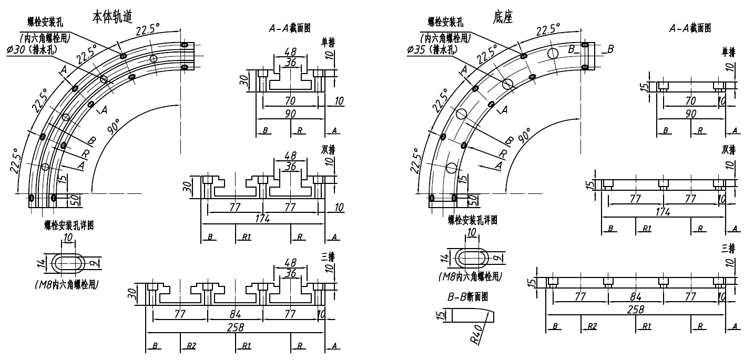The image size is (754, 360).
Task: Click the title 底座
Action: tap(504, 16)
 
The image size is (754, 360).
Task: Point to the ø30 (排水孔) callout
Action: tap(32, 49)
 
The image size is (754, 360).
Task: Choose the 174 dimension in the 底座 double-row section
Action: tap(663, 211)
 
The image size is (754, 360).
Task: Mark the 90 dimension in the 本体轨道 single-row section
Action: tap(290, 114)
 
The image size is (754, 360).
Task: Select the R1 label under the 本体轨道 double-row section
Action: tap(246, 237)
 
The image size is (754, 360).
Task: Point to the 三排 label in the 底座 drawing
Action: tap(729, 247)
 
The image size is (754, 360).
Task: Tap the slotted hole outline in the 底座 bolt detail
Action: tap(472, 257)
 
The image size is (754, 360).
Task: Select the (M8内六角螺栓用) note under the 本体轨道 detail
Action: tap(71, 284)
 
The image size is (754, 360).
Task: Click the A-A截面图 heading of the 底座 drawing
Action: tap(690, 28)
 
